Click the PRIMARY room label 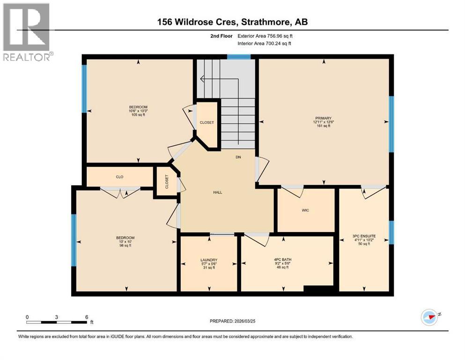tap(323, 118)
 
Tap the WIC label tap(305, 210)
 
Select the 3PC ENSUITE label tap(364, 236)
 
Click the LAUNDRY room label tap(209, 260)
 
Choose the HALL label tap(217, 192)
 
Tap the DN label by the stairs tap(238, 157)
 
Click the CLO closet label tap(119, 177)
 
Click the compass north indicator tap(429, 317)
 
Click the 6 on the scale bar tap(87, 317)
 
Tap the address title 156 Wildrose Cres tap(232, 22)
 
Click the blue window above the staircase tap(239, 57)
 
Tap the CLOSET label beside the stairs tap(207, 122)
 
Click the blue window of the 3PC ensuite tap(391, 232)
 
